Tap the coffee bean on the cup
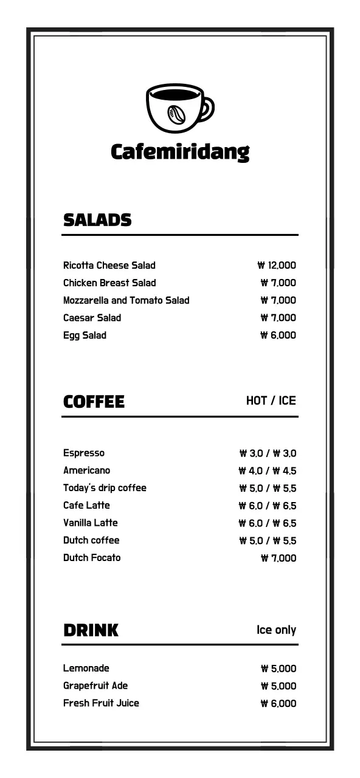pos(176,114)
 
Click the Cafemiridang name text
pos(180,151)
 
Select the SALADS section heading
pos(97,220)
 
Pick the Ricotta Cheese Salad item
pos(109,265)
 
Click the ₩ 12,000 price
pos(277,265)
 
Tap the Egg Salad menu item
pos(85,335)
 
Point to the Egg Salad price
pos(278,335)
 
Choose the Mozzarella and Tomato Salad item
pos(126,300)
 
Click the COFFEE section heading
pos(94,402)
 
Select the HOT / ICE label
pos(271,401)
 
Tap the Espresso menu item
pos(84,453)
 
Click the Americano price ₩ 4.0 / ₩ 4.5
pos(268,470)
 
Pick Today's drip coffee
pos(105,487)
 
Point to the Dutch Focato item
pos(92,557)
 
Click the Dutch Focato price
pos(279,558)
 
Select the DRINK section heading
pos(91,630)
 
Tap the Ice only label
pos(276,630)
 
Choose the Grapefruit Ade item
pos(95,686)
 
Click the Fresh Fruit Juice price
pos(279,703)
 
